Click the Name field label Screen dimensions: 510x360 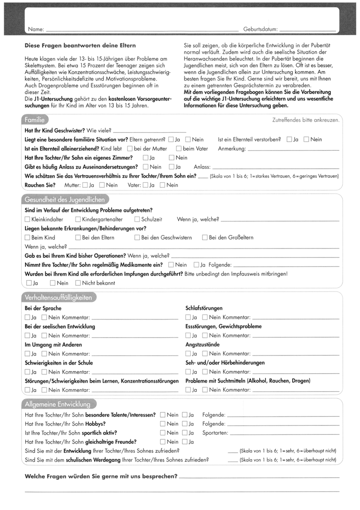point(36,29)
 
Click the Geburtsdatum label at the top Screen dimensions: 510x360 point(260,29)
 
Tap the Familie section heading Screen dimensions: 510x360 point(34,120)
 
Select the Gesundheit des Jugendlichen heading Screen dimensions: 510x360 point(65,199)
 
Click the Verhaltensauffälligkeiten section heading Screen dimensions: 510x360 point(58,298)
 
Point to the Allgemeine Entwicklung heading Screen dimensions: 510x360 point(58,404)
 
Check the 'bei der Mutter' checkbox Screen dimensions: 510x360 point(130,149)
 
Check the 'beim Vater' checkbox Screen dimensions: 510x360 point(179,149)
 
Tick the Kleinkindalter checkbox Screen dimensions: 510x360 point(27,219)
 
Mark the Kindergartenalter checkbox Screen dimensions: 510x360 point(78,219)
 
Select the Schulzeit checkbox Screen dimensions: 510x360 point(137,219)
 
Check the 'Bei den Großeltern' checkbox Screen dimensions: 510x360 point(205,238)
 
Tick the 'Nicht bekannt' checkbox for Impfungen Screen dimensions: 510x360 point(78,283)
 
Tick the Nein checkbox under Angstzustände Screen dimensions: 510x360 point(205,354)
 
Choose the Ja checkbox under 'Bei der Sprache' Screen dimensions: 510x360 point(27,317)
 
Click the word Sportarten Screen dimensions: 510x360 point(215,433)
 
